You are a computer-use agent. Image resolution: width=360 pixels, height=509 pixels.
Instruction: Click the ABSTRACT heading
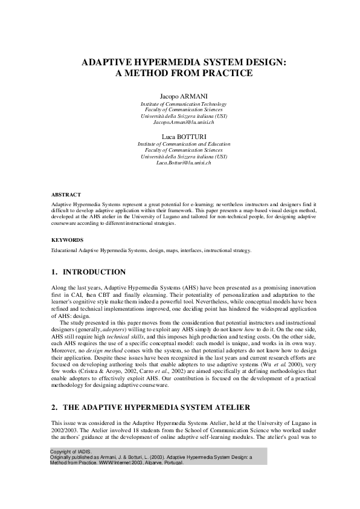(x=66, y=195)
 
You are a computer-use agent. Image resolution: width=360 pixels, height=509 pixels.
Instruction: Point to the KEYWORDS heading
(x=67, y=239)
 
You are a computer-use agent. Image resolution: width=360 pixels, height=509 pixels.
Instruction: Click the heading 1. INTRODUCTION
(x=88, y=272)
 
